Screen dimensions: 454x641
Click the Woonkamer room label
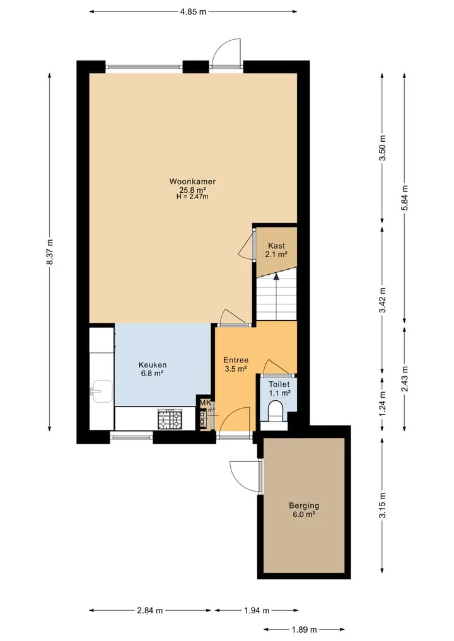pyautogui.click(x=192, y=181)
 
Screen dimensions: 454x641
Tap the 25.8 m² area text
pyautogui.click(x=192, y=190)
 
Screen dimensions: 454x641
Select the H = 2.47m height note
pyautogui.click(x=192, y=197)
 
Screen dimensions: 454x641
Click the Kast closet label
pyautogui.click(x=276, y=246)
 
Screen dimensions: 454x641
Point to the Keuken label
pyautogui.click(x=153, y=365)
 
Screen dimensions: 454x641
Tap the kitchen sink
pyautogui.click(x=101, y=391)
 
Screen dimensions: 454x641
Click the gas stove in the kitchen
pyautogui.click(x=170, y=419)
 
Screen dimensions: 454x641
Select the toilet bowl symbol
pyautogui.click(x=275, y=410)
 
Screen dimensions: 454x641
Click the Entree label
pyautogui.click(x=236, y=360)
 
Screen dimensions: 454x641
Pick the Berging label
pyautogui.click(x=304, y=505)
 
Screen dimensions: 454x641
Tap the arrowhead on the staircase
pyautogui.click(x=276, y=276)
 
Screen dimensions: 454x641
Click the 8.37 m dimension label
pyautogui.click(x=50, y=252)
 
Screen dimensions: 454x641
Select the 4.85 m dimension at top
pyautogui.click(x=193, y=12)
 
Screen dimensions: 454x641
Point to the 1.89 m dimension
pyautogui.click(x=305, y=630)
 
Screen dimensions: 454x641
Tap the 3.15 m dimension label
pyautogui.click(x=382, y=505)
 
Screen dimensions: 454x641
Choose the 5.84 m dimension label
pyautogui.click(x=405, y=198)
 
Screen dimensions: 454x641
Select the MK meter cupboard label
pyautogui.click(x=205, y=403)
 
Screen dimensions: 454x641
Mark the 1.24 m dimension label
pyautogui.click(x=382, y=404)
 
